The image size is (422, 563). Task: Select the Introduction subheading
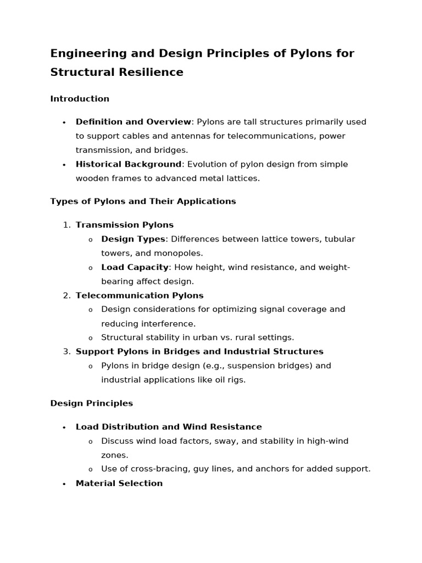click(x=80, y=99)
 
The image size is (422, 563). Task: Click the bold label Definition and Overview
click(x=134, y=122)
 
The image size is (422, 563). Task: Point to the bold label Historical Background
click(x=129, y=164)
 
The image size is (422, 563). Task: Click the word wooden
click(x=92, y=178)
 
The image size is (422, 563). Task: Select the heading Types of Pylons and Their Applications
click(x=143, y=201)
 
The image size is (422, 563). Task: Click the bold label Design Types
click(x=133, y=239)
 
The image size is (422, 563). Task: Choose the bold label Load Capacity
click(x=135, y=267)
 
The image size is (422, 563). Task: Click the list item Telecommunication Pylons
click(x=140, y=296)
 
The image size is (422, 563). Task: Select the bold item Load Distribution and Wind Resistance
click(x=169, y=427)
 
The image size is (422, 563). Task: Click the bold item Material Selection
click(x=119, y=483)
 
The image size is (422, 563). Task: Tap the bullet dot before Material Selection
click(x=64, y=484)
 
